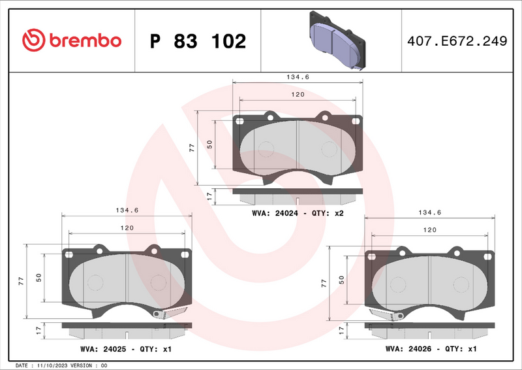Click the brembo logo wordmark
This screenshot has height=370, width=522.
[x=72, y=41]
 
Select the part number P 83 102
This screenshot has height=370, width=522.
[x=198, y=41]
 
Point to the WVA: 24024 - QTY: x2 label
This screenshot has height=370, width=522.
[x=298, y=214]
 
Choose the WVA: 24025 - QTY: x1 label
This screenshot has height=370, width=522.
[x=126, y=349]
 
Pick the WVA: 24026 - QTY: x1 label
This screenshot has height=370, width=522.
[x=431, y=349]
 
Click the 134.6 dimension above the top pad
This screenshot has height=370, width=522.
[x=298, y=77]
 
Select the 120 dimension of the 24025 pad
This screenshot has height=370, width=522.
[x=127, y=227]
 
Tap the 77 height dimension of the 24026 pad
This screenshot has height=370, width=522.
[x=324, y=282]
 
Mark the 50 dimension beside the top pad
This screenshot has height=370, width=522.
[x=210, y=144]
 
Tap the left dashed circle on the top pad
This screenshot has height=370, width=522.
[x=266, y=149]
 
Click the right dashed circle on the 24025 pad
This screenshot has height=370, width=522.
[x=157, y=283]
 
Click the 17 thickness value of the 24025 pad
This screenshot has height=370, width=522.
[x=39, y=330]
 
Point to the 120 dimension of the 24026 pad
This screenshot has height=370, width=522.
[x=430, y=230]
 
